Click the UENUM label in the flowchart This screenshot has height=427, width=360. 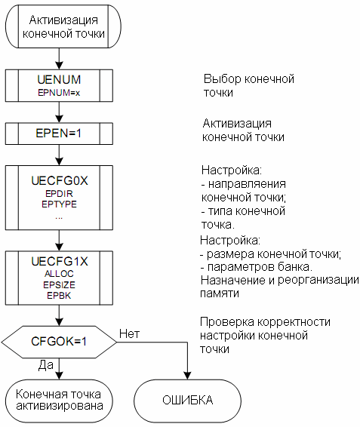pos(59,79)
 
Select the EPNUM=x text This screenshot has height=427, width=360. pos(59,93)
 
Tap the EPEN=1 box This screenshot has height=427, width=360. pos(59,134)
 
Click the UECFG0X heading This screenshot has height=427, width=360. pos(60,181)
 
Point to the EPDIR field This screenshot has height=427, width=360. pos(59,194)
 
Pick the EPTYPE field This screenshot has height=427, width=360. pos(59,204)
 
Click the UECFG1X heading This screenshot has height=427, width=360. pos(60,262)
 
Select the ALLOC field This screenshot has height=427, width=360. pos(59,274)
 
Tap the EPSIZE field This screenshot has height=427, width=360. pos(59,285)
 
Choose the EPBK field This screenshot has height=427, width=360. pos(59,296)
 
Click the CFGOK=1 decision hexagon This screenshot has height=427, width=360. pos(59,342)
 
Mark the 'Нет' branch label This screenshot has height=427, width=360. pos(130,334)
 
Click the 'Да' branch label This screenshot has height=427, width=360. pos(46,365)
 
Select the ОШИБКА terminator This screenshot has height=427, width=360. pos(187,401)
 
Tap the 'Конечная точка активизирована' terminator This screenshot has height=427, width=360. pos(59,401)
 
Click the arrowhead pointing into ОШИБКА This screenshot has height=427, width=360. pos(187,376)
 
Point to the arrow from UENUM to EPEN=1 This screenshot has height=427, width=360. pos(59,112)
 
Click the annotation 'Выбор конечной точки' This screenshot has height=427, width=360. pos(249,86)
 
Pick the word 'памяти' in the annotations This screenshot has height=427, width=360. pos(220,293)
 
